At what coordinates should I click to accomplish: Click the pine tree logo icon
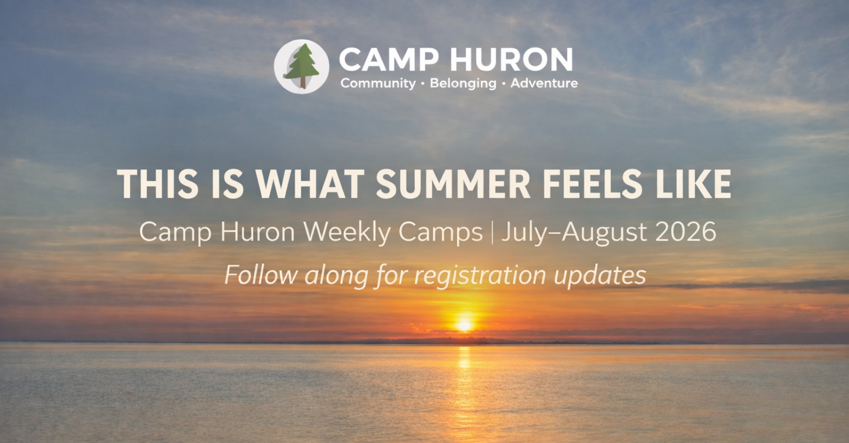click(301, 66)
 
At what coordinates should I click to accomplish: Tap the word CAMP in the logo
click(389, 60)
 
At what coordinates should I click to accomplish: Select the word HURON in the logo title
click(511, 60)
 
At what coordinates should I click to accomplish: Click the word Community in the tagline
click(378, 83)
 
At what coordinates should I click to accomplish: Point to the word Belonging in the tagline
click(463, 83)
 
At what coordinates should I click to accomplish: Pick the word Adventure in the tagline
click(544, 83)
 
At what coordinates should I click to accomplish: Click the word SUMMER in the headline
click(453, 184)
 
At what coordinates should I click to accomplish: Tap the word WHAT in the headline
click(310, 184)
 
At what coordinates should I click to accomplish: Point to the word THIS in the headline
click(157, 184)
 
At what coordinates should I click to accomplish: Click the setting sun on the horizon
click(464, 325)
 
